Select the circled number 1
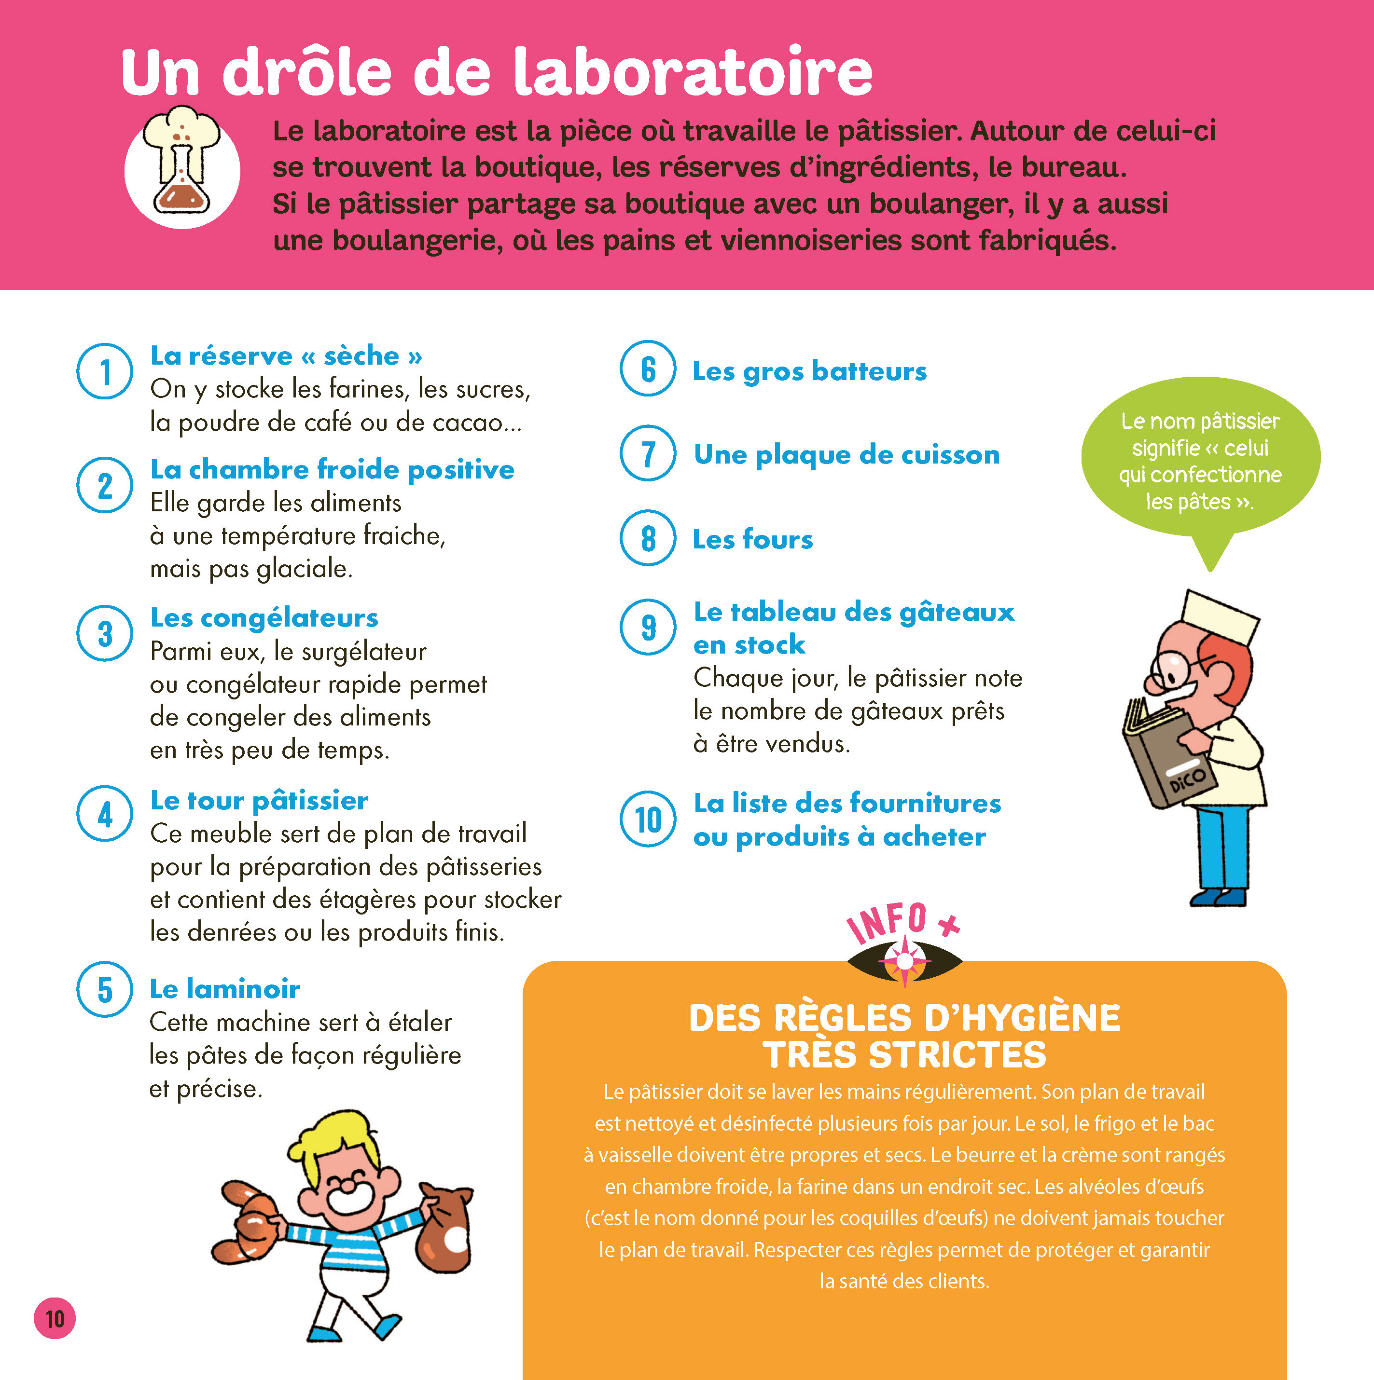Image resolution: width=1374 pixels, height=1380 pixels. (105, 371)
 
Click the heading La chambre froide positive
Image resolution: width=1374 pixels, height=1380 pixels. (332, 469)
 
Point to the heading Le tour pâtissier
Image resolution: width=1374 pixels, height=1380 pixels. (259, 801)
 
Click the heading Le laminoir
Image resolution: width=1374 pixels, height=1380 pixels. (225, 988)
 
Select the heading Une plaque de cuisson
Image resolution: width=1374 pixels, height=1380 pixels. (847, 455)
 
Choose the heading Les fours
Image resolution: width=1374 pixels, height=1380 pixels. (752, 539)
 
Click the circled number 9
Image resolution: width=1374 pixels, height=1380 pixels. (648, 627)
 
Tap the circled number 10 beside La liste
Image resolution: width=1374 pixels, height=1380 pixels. (648, 820)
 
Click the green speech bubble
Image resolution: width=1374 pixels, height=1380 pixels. (1200, 461)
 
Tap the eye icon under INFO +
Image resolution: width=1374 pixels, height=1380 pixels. (904, 962)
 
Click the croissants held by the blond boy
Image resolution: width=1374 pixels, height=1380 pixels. (249, 1222)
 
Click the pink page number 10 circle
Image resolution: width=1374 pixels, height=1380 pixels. (55, 1319)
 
